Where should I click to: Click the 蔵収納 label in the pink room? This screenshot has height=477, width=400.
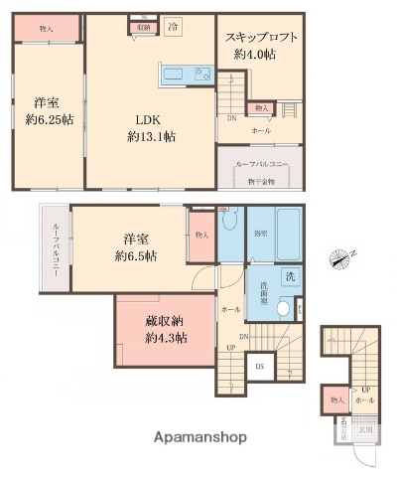coord(166,322)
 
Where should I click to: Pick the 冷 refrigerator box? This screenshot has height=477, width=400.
coord(173,26)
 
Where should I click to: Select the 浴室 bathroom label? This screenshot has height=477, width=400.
coord(261,234)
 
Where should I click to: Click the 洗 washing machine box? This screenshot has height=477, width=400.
coord(291,276)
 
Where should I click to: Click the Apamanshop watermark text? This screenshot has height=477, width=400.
coord(199,438)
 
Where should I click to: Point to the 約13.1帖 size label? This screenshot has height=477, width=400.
coord(151,136)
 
